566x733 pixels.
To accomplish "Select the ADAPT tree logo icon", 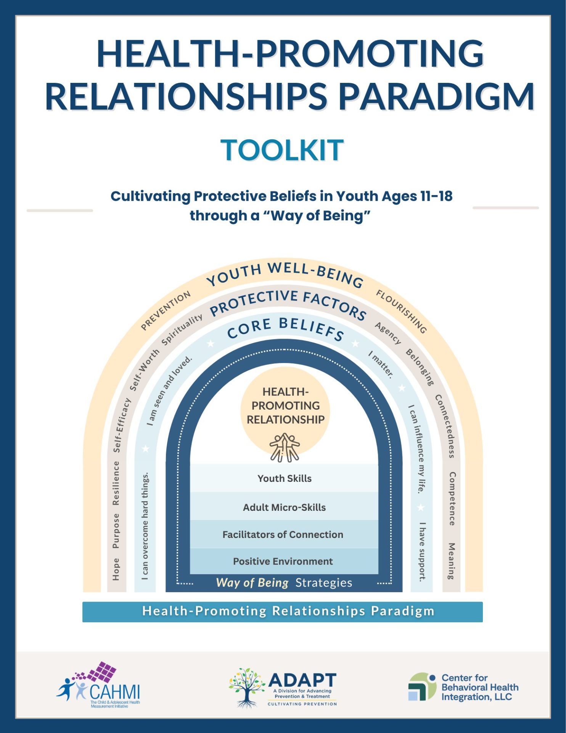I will click(247, 687).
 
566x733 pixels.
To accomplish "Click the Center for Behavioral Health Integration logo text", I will click(479, 688).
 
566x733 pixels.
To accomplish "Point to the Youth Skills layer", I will click(284, 478).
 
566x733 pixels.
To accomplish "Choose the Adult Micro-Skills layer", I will click(284, 507).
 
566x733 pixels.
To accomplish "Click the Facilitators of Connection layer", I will click(283, 534).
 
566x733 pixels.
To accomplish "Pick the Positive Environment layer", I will click(283, 561).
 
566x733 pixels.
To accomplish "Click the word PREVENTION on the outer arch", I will click(166, 310).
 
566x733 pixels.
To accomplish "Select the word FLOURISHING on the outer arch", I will click(401, 311).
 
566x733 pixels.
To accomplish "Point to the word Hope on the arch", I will click(116, 569).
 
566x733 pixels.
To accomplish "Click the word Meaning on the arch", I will click(452, 561).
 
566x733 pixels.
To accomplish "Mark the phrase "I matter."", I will click(381, 365).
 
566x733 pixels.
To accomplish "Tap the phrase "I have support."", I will click(422, 552).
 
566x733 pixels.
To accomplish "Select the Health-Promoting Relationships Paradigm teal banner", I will click(282, 611).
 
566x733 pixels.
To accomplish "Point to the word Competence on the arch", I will click(452, 499).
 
